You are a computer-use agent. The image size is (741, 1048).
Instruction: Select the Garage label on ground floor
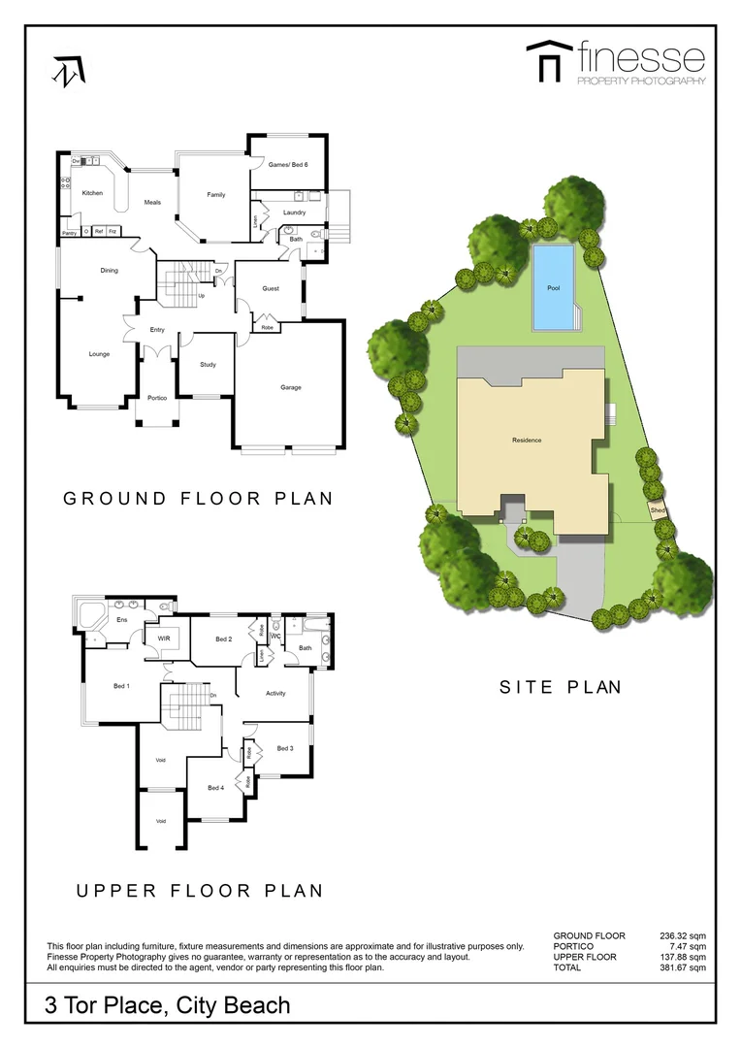pos(291,387)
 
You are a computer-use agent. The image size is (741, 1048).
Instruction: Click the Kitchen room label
pos(92,193)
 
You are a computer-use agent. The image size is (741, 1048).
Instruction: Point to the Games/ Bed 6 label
pos(288,165)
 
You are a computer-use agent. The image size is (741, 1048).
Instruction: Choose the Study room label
pos(208,365)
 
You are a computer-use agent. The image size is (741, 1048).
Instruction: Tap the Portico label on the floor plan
pos(157,399)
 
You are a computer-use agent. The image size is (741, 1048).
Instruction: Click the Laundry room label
pos(294,213)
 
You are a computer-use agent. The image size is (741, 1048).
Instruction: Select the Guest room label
pos(271,288)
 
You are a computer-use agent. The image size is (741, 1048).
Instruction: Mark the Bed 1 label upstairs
pos(121,686)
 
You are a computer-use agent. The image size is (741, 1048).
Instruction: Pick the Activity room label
pos(275,693)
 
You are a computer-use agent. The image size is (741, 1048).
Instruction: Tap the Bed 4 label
pos(215,787)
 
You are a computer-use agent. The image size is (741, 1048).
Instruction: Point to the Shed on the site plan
pos(658,509)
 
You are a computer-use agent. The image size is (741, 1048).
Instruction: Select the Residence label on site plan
pos(527,441)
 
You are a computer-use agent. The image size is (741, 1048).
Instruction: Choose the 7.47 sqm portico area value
pos(687,946)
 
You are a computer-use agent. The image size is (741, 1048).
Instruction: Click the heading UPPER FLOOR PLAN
pos(199,890)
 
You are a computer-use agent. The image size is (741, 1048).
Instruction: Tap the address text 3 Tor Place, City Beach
pos(168,1004)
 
